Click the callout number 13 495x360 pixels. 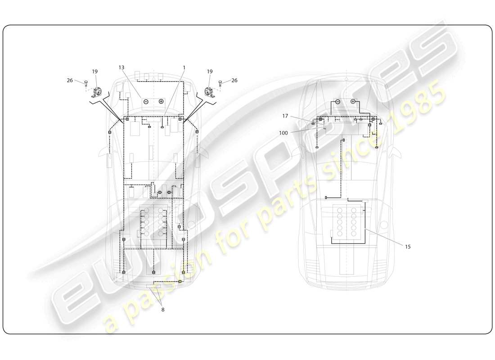(121, 67)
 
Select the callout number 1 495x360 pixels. (184, 67)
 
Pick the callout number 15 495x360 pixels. (408, 247)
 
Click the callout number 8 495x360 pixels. (162, 310)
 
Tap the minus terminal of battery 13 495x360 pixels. (146, 102)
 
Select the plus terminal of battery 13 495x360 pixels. (161, 102)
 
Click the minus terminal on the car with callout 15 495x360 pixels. (337, 102)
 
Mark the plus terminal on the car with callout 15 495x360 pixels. (353, 102)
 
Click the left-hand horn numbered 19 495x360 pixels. (97, 92)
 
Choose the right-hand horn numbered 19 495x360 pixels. (209, 92)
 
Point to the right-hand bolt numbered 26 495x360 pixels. (220, 82)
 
